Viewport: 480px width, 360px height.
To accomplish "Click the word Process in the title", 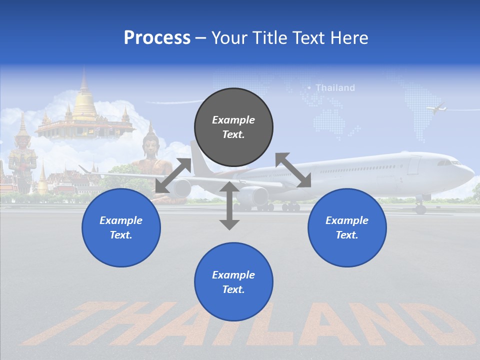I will pos(157,38).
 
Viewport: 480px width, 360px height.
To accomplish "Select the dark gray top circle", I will pos(233,127).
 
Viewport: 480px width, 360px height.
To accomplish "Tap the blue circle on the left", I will pos(121,227).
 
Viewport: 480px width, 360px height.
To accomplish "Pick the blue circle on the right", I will pos(347,227).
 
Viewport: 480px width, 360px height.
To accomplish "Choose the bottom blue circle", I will pos(233,282).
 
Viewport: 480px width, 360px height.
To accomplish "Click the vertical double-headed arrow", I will pos(229,205).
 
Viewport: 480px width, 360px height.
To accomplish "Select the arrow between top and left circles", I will pos(173,175).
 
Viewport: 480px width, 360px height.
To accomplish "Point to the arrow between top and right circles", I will pos(293,170).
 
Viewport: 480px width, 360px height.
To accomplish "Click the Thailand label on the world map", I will pos(335,88).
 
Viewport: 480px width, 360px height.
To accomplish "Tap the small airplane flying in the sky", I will pos(436,107).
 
